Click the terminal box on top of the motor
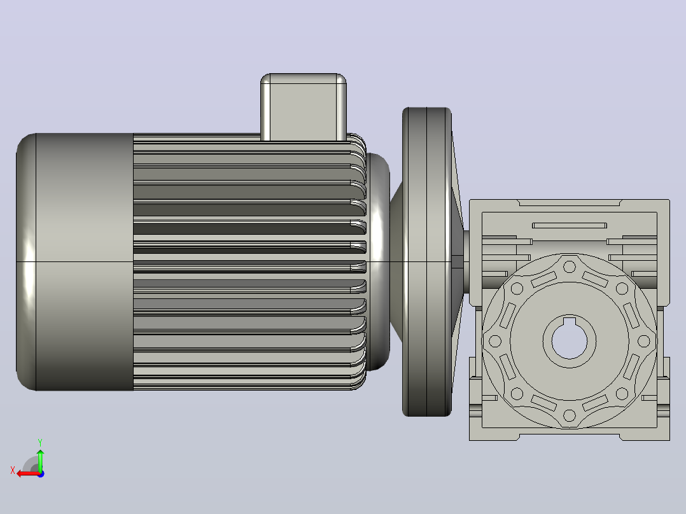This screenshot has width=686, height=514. tap(304, 107)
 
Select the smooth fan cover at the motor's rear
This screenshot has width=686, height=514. tap(74, 261)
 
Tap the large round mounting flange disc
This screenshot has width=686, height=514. tap(426, 261)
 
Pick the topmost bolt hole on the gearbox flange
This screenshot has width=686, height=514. tap(569, 267)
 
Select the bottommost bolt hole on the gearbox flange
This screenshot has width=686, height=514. tap(569, 415)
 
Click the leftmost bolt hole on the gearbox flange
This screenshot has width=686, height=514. tap(495, 341)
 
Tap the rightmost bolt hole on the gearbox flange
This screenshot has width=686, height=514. tap(643, 341)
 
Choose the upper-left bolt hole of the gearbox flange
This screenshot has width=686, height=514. tap(517, 288)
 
